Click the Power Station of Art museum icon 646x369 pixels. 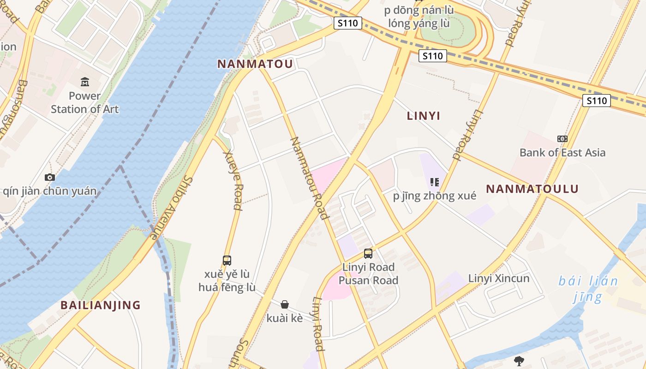[x=85, y=82]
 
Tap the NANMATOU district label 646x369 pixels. [x=255, y=64]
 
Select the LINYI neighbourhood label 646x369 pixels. [x=423, y=116]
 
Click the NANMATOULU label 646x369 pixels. [x=532, y=189]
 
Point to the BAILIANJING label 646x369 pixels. [x=101, y=305]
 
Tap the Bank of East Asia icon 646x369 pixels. [x=562, y=138]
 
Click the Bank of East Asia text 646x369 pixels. [x=562, y=153]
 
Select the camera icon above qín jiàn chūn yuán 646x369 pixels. [x=49, y=177]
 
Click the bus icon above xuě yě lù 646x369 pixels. [x=227, y=260]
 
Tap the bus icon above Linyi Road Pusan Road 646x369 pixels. [x=368, y=253]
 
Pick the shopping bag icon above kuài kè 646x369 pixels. [x=285, y=304]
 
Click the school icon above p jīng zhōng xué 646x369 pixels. [x=434, y=182]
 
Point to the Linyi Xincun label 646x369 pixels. [x=498, y=278]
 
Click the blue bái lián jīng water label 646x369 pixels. [x=588, y=288]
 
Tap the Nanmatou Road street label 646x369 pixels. [x=309, y=178]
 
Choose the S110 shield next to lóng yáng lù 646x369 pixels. [x=348, y=23]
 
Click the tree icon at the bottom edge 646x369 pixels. [x=519, y=361]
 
